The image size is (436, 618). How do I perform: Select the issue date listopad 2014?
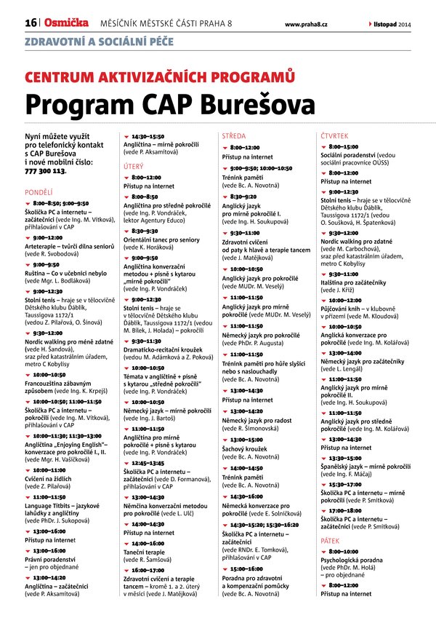pyautogui.click(x=392, y=24)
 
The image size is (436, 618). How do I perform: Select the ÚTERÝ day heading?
pyautogui.click(x=133, y=166)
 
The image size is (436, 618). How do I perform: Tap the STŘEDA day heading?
pyautogui.click(x=234, y=136)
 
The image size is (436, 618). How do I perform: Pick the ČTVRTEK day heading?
pyautogui.click(x=334, y=136)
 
